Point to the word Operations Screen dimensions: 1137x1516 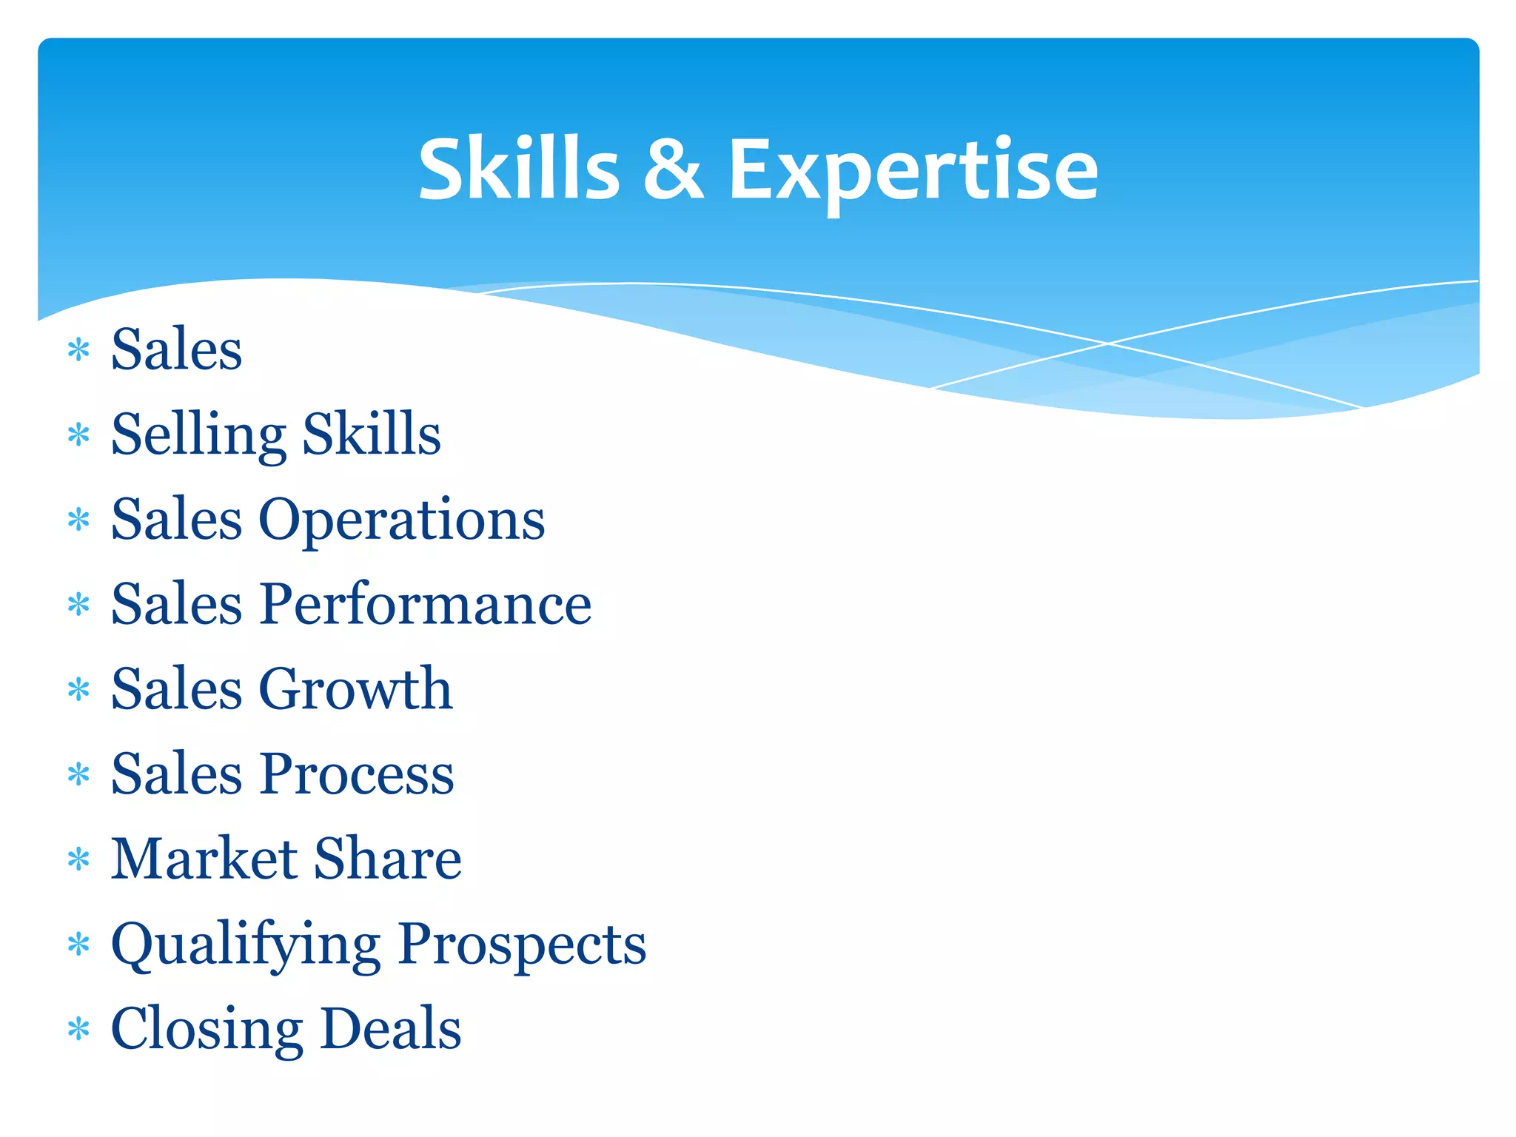coord(401,520)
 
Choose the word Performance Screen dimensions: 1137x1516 coord(426,604)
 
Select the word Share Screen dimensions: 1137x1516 coord(388,859)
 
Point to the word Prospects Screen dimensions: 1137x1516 coord(522,945)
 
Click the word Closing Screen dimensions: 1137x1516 coord(207,1030)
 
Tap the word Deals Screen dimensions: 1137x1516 coord(392,1029)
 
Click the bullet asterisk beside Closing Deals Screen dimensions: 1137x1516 coord(78,1029)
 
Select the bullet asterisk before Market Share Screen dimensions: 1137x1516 coord(78,859)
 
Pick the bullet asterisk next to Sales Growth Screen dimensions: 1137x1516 coord(78,690)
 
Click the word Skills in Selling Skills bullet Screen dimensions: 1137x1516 coord(372,435)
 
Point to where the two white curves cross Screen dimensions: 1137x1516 coord(1107,343)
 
